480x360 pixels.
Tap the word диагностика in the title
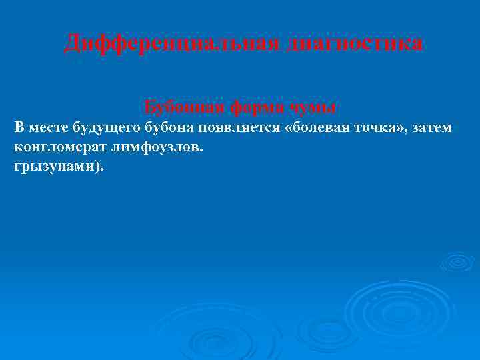coord(355,43)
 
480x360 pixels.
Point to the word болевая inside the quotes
coord(319,127)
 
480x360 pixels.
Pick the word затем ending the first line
coord(431,127)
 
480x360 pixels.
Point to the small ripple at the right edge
coord(457,261)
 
